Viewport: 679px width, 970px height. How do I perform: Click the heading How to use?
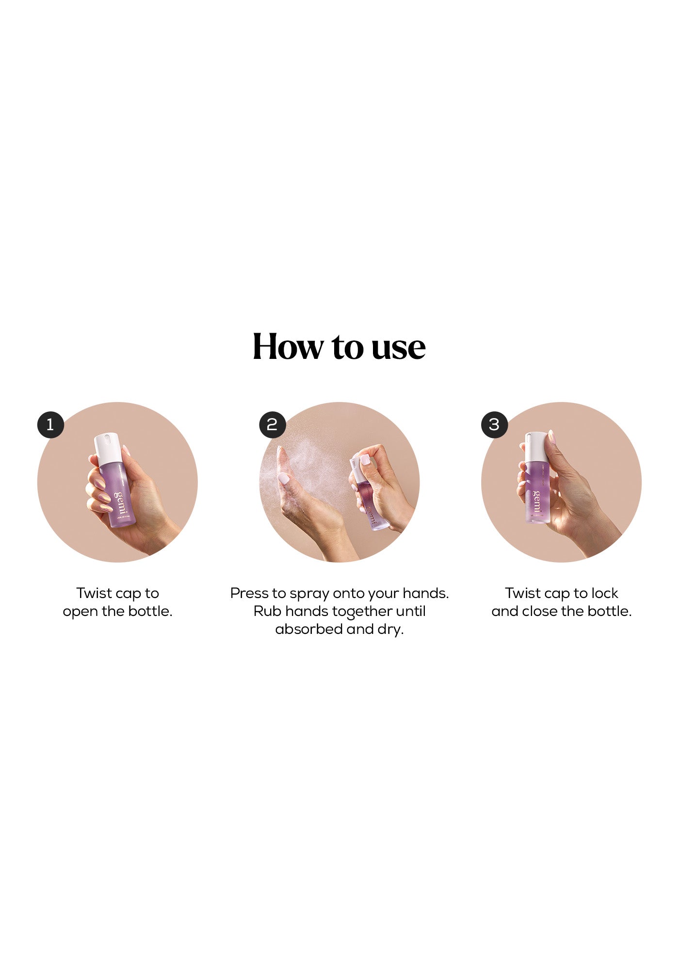pos(339,346)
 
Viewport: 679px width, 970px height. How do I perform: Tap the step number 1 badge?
pos(50,424)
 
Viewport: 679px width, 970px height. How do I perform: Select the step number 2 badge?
pos(272,424)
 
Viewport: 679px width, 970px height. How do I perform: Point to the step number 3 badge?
pos(494,424)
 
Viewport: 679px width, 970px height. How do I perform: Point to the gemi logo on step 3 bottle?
pos(536,501)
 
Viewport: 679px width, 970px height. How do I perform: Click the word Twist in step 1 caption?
pos(94,593)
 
